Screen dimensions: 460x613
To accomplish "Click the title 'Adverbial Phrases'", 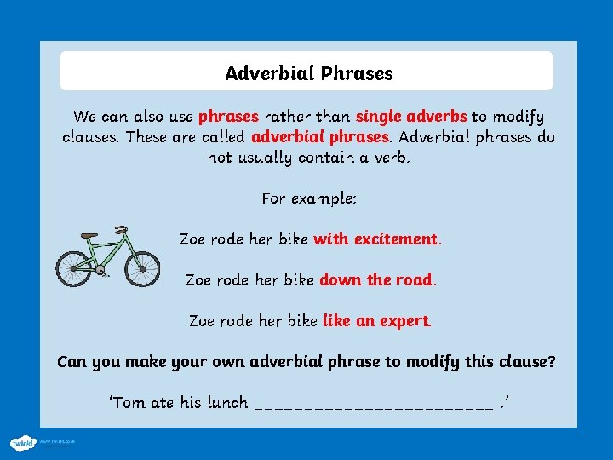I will (x=309, y=73).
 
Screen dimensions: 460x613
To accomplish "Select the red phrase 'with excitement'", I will (x=375, y=239).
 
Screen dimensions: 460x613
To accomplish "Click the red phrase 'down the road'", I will (x=375, y=279).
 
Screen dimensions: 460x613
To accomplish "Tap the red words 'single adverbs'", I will (x=411, y=117).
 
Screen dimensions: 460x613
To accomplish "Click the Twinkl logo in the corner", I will (x=21, y=443).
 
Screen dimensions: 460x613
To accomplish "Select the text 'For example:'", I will (x=309, y=198).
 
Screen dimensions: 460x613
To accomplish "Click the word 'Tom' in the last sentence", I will (x=129, y=403).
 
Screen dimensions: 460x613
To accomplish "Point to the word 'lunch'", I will (x=227, y=403).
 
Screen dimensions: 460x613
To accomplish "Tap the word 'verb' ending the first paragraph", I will (x=388, y=158).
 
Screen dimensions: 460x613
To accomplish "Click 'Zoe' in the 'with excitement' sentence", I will (x=192, y=239).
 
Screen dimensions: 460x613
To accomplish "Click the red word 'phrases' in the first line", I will (x=229, y=117).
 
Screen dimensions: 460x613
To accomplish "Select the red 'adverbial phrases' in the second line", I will (x=321, y=137).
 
